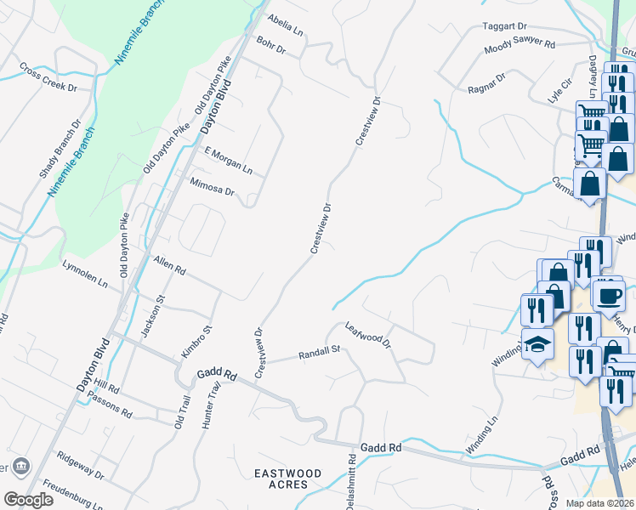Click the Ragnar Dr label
click(486, 83)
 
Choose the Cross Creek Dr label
click(48, 76)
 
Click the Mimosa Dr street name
click(212, 187)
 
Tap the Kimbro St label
click(196, 341)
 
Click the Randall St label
click(318, 352)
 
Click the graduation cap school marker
click(537, 343)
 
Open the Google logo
click(28, 499)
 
